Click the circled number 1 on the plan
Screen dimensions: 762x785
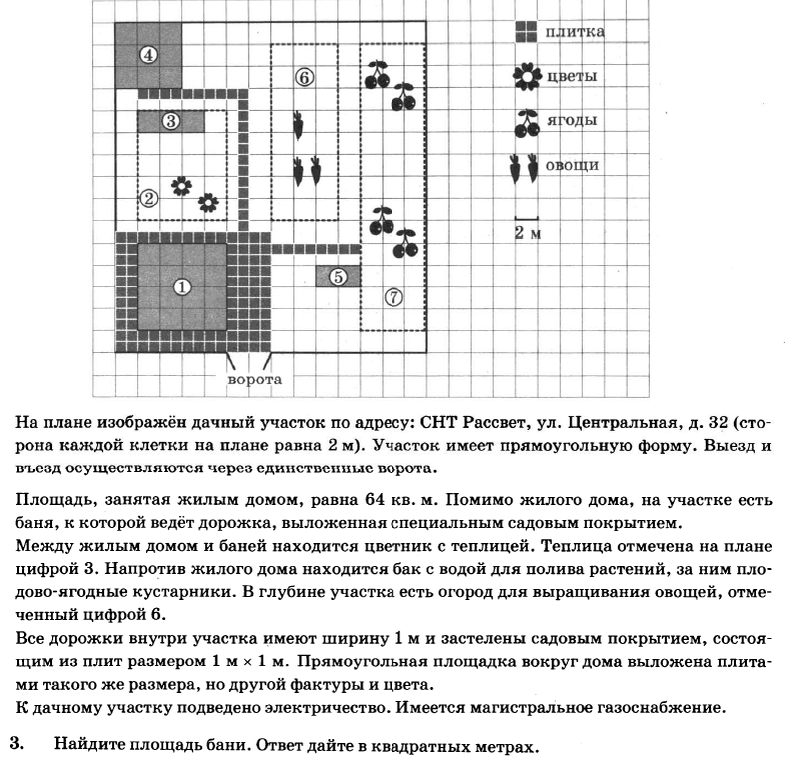[181, 286]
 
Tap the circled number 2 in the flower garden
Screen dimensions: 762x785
[148, 198]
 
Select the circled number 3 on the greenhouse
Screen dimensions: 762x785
[170, 121]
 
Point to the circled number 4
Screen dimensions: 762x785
[147, 55]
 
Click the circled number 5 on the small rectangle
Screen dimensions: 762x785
[338, 277]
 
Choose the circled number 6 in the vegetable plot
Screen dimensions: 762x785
[305, 77]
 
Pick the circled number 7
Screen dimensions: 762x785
[393, 297]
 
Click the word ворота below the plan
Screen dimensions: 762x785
[255, 380]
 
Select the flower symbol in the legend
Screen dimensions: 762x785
[527, 77]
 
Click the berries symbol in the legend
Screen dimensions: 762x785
[527, 122]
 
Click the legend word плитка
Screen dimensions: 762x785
[574, 32]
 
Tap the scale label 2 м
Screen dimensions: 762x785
[527, 233]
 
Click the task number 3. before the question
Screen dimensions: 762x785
[15, 744]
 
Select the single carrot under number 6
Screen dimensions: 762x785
[297, 127]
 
